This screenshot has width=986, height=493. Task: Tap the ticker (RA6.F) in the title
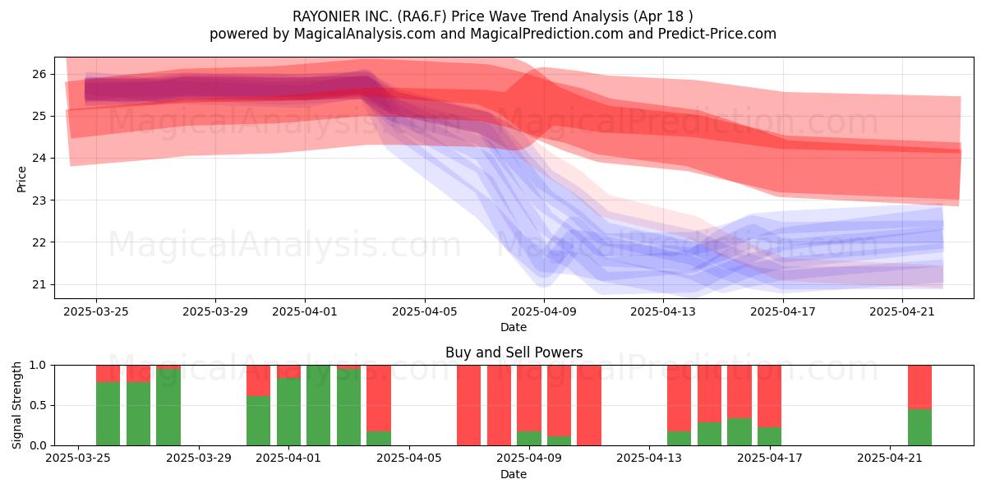422,16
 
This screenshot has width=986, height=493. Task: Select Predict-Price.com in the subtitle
717,34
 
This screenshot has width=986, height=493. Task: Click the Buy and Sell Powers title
514,352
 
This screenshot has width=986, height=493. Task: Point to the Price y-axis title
21,179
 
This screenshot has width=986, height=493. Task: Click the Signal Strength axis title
16,405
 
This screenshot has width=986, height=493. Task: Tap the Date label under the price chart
514,327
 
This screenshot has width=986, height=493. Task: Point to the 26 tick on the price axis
39,74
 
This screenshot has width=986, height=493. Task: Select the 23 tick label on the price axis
39,200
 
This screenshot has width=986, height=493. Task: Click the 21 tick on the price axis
39,284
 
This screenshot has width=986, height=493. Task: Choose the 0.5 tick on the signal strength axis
38,405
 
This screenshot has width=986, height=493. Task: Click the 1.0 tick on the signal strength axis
38,366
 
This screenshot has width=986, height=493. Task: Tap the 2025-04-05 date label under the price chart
425,311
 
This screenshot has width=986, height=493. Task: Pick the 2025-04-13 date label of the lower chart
649,458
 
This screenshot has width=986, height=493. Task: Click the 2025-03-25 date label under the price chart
96,311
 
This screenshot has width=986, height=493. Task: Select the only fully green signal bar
318,405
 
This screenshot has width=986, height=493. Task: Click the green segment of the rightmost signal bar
919,427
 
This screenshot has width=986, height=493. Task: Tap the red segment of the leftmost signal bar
108,374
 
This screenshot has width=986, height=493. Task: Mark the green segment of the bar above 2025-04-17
769,436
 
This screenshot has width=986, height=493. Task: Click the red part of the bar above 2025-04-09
529,399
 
